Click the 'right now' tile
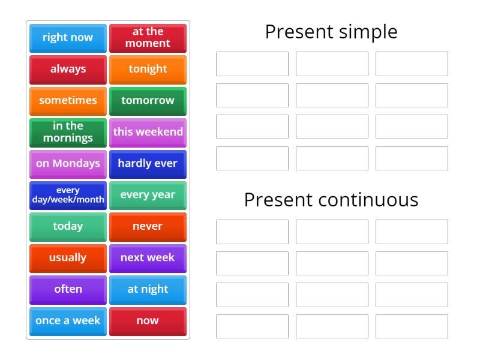[68, 38]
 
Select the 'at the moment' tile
[148, 38]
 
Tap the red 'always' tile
[68, 69]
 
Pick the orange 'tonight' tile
[148, 69]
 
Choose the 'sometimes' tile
[68, 101]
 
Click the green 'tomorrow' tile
[148, 101]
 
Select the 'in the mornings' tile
[68, 132]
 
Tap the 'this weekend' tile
[148, 132]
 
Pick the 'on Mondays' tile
[68, 163]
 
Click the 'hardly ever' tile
[148, 163]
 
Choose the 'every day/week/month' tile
[68, 195]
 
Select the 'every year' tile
[148, 195]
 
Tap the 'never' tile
[148, 226]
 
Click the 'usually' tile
[68, 258]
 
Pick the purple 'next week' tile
[148, 258]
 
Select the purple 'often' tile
[68, 289]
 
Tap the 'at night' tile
[148, 289]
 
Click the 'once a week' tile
[68, 321]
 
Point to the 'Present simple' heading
[331, 32]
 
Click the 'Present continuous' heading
[331, 200]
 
